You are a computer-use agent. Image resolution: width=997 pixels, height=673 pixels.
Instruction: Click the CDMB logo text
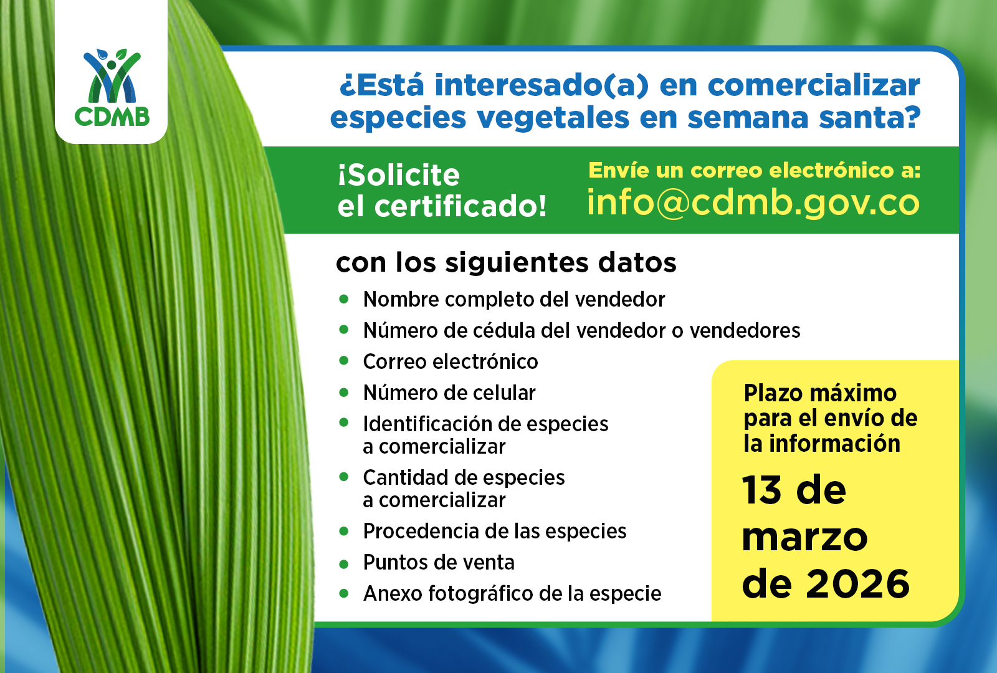tap(112, 117)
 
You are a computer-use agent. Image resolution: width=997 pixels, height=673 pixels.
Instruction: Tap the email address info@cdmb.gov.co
tap(753, 203)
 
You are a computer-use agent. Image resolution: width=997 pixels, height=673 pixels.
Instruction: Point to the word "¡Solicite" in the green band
tap(399, 175)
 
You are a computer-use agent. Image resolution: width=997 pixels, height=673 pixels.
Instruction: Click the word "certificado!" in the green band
tap(460, 206)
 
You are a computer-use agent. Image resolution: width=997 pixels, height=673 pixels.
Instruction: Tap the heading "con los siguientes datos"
tap(506, 263)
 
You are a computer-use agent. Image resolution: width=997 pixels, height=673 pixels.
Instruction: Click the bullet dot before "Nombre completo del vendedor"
tap(344, 299)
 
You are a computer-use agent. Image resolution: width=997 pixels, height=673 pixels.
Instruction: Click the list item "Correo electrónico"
tap(451, 361)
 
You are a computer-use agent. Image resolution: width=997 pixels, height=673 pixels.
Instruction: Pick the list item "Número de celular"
tap(449, 393)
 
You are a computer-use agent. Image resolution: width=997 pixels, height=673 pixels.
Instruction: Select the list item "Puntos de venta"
tap(439, 562)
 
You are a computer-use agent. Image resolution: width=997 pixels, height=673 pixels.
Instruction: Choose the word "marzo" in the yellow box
tap(804, 537)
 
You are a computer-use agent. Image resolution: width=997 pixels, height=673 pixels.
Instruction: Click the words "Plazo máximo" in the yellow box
tap(820, 393)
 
